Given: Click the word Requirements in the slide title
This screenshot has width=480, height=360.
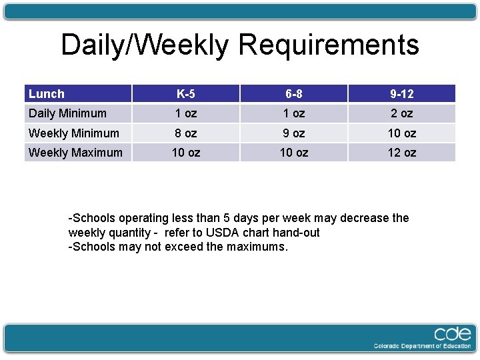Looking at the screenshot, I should (x=328, y=45).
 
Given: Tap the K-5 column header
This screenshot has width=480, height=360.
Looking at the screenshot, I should (x=185, y=94).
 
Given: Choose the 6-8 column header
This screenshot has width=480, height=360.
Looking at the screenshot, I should (x=293, y=94).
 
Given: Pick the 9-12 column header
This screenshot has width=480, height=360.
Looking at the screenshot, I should (x=401, y=94).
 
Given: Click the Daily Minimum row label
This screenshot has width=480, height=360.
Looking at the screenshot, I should (x=67, y=113).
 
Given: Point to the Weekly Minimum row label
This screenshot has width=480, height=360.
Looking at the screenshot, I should (x=74, y=133).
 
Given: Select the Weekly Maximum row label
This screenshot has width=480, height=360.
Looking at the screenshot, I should (x=75, y=153).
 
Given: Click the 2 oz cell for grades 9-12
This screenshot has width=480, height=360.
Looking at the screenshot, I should (x=401, y=113).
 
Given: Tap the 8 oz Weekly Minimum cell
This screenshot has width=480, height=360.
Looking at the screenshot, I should (x=185, y=133).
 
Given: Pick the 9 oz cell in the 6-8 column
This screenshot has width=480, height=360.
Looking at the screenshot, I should (x=293, y=133).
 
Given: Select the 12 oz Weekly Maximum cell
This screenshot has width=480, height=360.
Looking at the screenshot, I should (x=401, y=153).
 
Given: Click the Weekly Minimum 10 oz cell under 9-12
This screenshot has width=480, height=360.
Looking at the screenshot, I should (x=401, y=133).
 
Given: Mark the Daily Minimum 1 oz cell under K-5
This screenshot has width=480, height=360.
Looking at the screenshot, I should (x=185, y=113).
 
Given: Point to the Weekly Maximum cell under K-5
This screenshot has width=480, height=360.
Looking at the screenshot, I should (x=185, y=153).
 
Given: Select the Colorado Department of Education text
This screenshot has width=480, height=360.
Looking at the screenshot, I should (x=423, y=346).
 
